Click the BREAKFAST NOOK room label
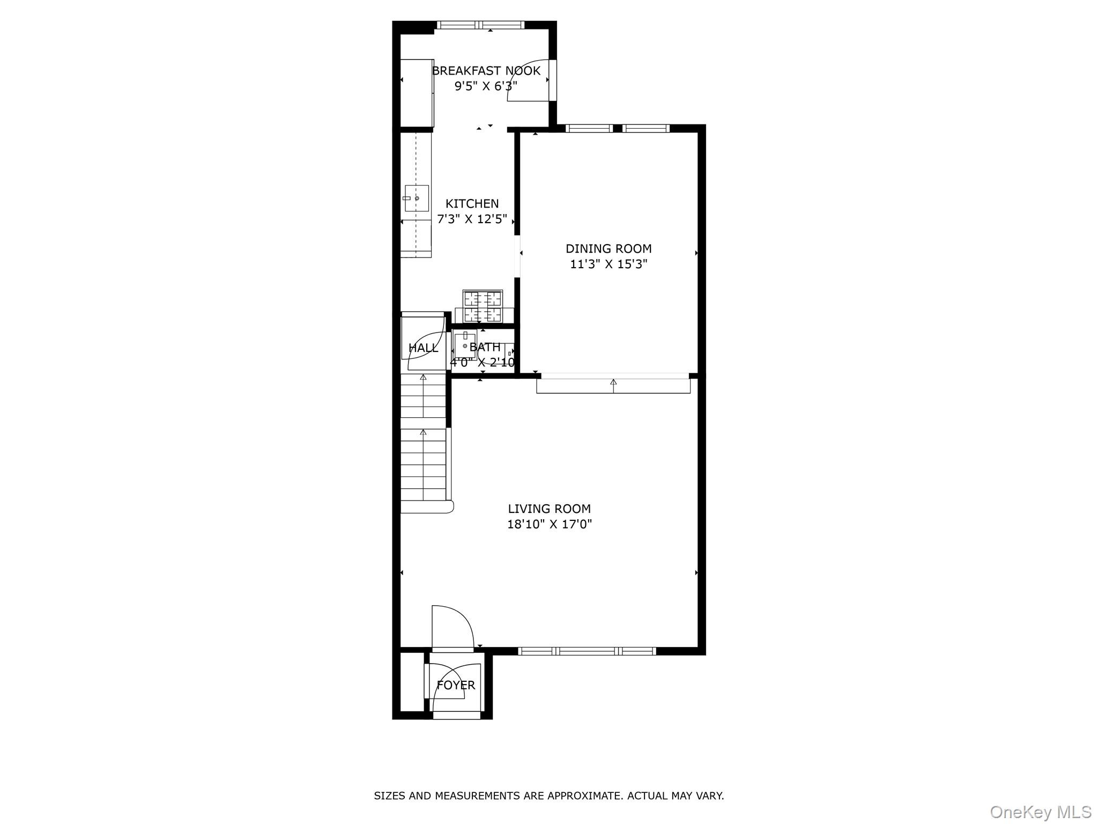pos(486,71)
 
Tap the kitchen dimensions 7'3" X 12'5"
pos(472,219)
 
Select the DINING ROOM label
pos(609,248)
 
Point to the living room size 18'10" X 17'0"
pos(549,524)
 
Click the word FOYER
pos(456,685)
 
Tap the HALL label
pos(423,348)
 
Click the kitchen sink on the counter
pos(417,198)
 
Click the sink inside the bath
pos(464,346)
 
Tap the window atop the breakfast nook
pos(480,25)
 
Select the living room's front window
pos(587,651)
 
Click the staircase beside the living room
pos(424,445)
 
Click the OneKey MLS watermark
pos(1040,812)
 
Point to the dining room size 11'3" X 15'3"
pos(609,264)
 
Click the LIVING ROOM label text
pos(549,509)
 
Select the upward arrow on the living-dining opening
pos(613,382)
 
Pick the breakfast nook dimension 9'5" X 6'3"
pos(486,86)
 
